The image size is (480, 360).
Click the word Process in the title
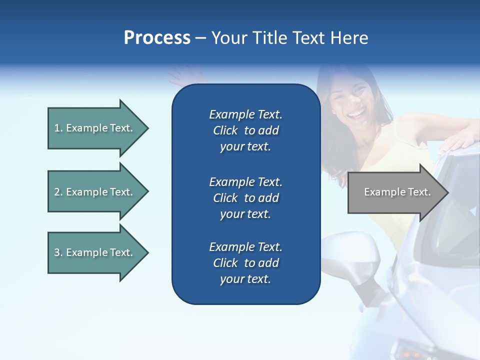[157, 38]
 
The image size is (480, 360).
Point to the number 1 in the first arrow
[57, 128]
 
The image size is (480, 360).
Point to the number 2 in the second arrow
[57, 192]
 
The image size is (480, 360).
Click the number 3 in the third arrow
[57, 252]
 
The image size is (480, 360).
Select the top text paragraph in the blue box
[245, 130]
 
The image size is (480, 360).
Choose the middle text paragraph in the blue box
[245, 197]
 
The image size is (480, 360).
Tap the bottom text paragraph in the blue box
[245, 263]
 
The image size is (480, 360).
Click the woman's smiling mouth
[356, 115]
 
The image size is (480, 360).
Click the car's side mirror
[350, 260]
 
